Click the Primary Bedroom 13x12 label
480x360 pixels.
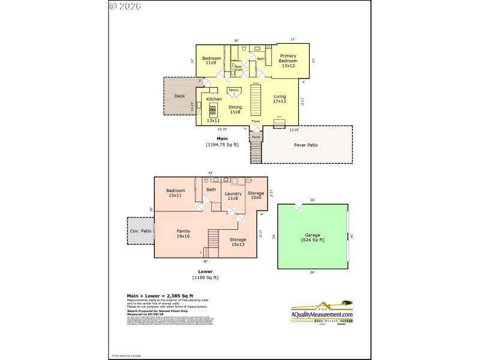pyautogui.click(x=288, y=61)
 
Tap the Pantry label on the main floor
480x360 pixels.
pyautogui.click(x=234, y=90)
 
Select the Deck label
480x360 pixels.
pyautogui.click(x=179, y=96)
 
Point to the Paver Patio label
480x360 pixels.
pyautogui.click(x=306, y=145)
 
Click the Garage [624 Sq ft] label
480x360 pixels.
pyautogui.click(x=312, y=238)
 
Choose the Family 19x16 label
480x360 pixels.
pyautogui.click(x=183, y=233)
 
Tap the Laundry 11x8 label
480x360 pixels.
pyautogui.click(x=233, y=196)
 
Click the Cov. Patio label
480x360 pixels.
pyautogui.click(x=139, y=231)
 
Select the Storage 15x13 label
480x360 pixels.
pyautogui.click(x=238, y=242)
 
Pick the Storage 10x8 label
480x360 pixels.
pyautogui.click(x=256, y=195)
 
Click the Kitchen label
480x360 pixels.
pyautogui.click(x=214, y=99)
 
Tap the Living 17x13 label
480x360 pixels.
pyautogui.click(x=280, y=98)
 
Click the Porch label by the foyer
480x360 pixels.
pyautogui.click(x=256, y=137)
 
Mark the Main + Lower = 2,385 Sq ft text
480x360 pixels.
pyautogui.click(x=160, y=296)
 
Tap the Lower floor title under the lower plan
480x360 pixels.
pyautogui.click(x=205, y=271)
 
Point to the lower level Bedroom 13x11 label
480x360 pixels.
pyautogui.click(x=176, y=193)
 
